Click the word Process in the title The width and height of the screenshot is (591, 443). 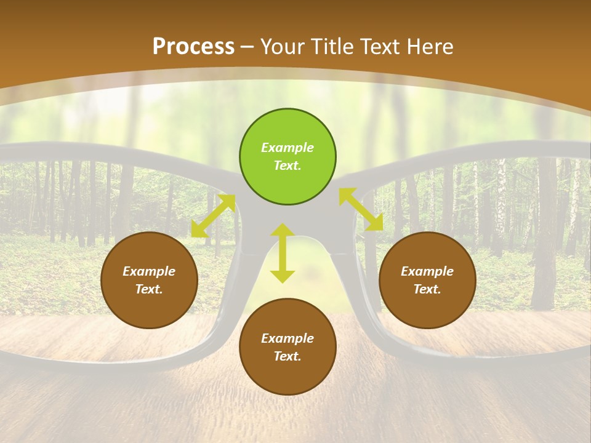pyautogui.click(x=193, y=47)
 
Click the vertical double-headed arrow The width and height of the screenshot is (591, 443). pyautogui.click(x=283, y=253)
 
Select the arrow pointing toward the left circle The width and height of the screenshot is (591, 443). pyautogui.click(x=213, y=216)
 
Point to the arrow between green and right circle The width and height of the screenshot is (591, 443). pyautogui.click(x=361, y=209)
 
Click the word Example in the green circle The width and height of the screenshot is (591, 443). pyautogui.click(x=287, y=148)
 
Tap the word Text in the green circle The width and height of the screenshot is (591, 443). pyautogui.click(x=287, y=166)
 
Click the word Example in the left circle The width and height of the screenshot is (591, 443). pyautogui.click(x=149, y=271)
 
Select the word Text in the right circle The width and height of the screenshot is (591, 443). pyautogui.click(x=427, y=289)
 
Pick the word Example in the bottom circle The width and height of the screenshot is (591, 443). pyautogui.click(x=287, y=338)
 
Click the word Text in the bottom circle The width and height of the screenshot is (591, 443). pyautogui.click(x=287, y=356)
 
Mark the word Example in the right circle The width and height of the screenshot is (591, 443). pyautogui.click(x=427, y=271)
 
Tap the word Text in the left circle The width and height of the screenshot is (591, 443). pyautogui.click(x=149, y=289)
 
